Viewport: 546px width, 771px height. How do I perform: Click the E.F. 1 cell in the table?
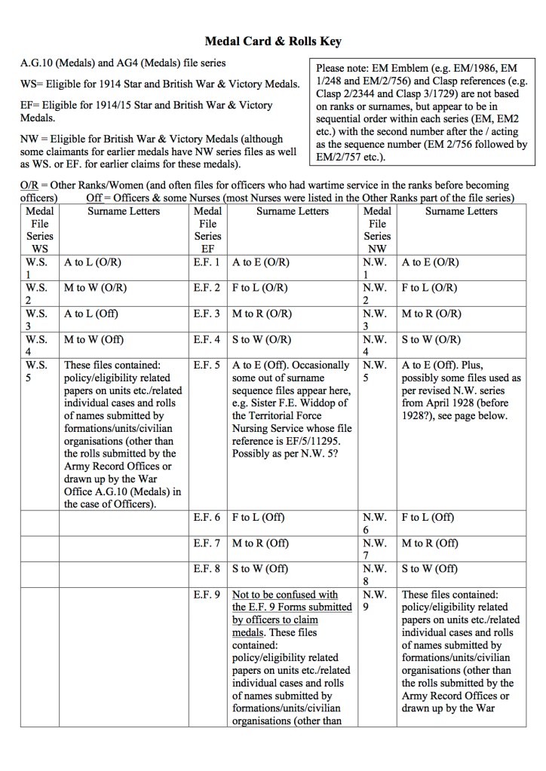(x=207, y=263)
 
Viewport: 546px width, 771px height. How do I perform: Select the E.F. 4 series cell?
(x=207, y=339)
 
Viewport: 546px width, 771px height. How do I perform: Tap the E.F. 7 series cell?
(x=207, y=543)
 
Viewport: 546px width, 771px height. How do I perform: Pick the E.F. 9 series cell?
(x=207, y=594)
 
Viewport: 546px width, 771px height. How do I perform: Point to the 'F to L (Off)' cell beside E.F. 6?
(x=260, y=518)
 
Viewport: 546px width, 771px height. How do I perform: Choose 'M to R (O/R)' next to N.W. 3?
(x=431, y=314)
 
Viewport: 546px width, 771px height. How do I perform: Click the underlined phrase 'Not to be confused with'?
(x=285, y=594)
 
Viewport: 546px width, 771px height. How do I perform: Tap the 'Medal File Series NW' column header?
(x=378, y=229)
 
